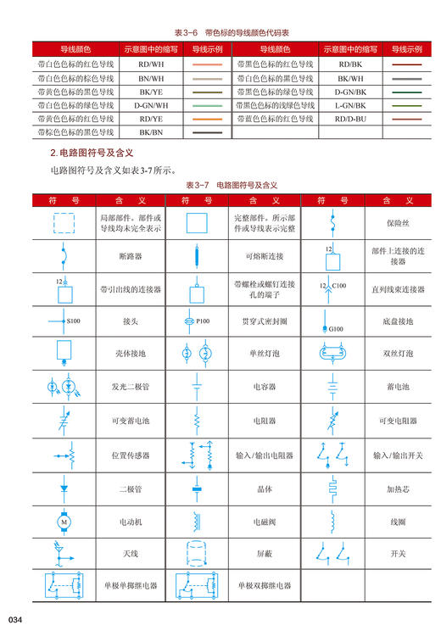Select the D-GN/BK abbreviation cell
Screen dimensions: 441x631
349,92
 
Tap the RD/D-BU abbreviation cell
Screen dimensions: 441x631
349,119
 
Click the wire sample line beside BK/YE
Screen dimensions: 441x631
206,92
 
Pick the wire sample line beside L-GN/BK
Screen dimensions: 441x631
406,105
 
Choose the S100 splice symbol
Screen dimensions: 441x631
63,321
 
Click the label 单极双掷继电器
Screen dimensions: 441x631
265,585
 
